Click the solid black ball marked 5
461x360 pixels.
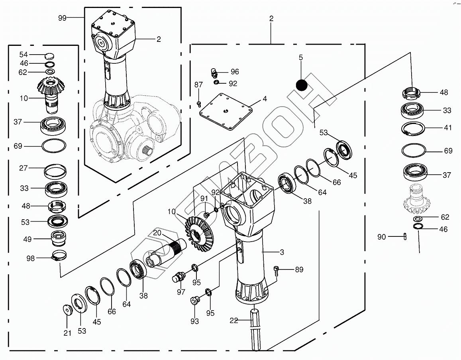pos(302,85)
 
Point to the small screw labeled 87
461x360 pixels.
pos(199,104)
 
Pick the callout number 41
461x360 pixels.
pos(448,128)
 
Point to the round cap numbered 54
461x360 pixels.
pos(50,55)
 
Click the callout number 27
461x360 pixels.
pos(24,168)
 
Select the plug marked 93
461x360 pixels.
pos(195,300)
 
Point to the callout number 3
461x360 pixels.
pos(281,252)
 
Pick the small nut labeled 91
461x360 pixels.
pos(206,215)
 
